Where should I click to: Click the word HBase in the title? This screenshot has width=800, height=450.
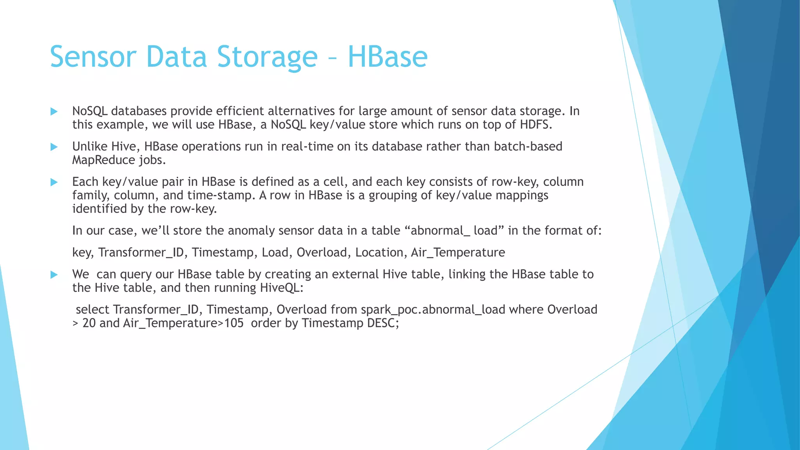387,57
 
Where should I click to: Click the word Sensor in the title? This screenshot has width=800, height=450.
93,57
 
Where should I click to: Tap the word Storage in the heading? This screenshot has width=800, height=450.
267,57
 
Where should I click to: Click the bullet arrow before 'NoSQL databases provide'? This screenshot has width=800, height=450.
54,112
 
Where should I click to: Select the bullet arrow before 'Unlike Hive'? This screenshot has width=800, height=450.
54,147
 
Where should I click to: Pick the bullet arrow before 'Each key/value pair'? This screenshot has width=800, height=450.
54,182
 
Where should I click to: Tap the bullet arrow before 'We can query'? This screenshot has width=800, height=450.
54,275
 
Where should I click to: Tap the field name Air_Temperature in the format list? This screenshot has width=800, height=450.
458,252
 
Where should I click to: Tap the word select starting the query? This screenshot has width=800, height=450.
93,309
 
